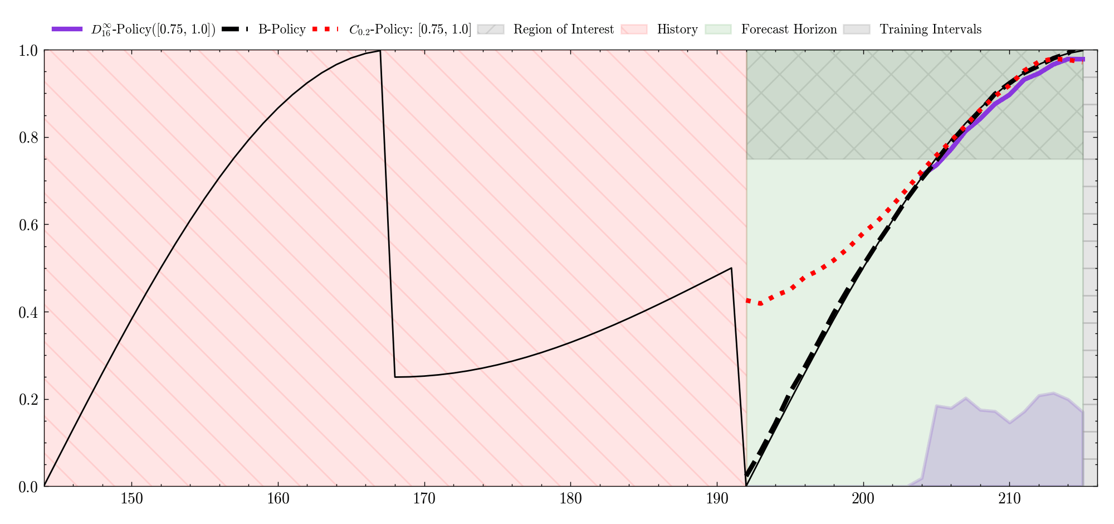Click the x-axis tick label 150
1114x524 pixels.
pyautogui.click(x=132, y=499)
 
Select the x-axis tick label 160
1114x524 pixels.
pyautogui.click(x=278, y=499)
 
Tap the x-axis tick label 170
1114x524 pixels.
pyautogui.click(x=424, y=499)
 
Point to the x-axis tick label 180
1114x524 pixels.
pyautogui.click(x=571, y=499)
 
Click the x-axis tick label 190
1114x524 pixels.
pyautogui.click(x=717, y=499)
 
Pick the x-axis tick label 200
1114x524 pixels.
pyautogui.click(x=863, y=499)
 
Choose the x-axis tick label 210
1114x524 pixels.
pyautogui.click(x=1009, y=499)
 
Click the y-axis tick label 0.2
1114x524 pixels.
pyautogui.click(x=28, y=400)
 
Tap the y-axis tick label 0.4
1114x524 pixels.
pyautogui.click(x=28, y=312)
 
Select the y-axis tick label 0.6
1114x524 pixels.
pyautogui.click(x=28, y=225)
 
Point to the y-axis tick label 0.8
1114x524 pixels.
pyautogui.click(x=28, y=138)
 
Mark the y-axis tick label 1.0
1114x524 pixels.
pyautogui.click(x=28, y=51)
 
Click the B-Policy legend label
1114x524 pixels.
pyautogui.click(x=282, y=30)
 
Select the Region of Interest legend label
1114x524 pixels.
pyautogui.click(x=564, y=30)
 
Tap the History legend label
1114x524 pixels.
pyautogui.click(x=677, y=30)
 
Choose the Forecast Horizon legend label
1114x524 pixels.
pyautogui.click(x=789, y=29)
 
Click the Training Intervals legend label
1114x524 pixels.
pyautogui.click(x=931, y=30)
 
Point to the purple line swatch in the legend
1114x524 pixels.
pyautogui.click(x=67, y=29)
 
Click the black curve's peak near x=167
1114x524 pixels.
pyautogui.click(x=380, y=51)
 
